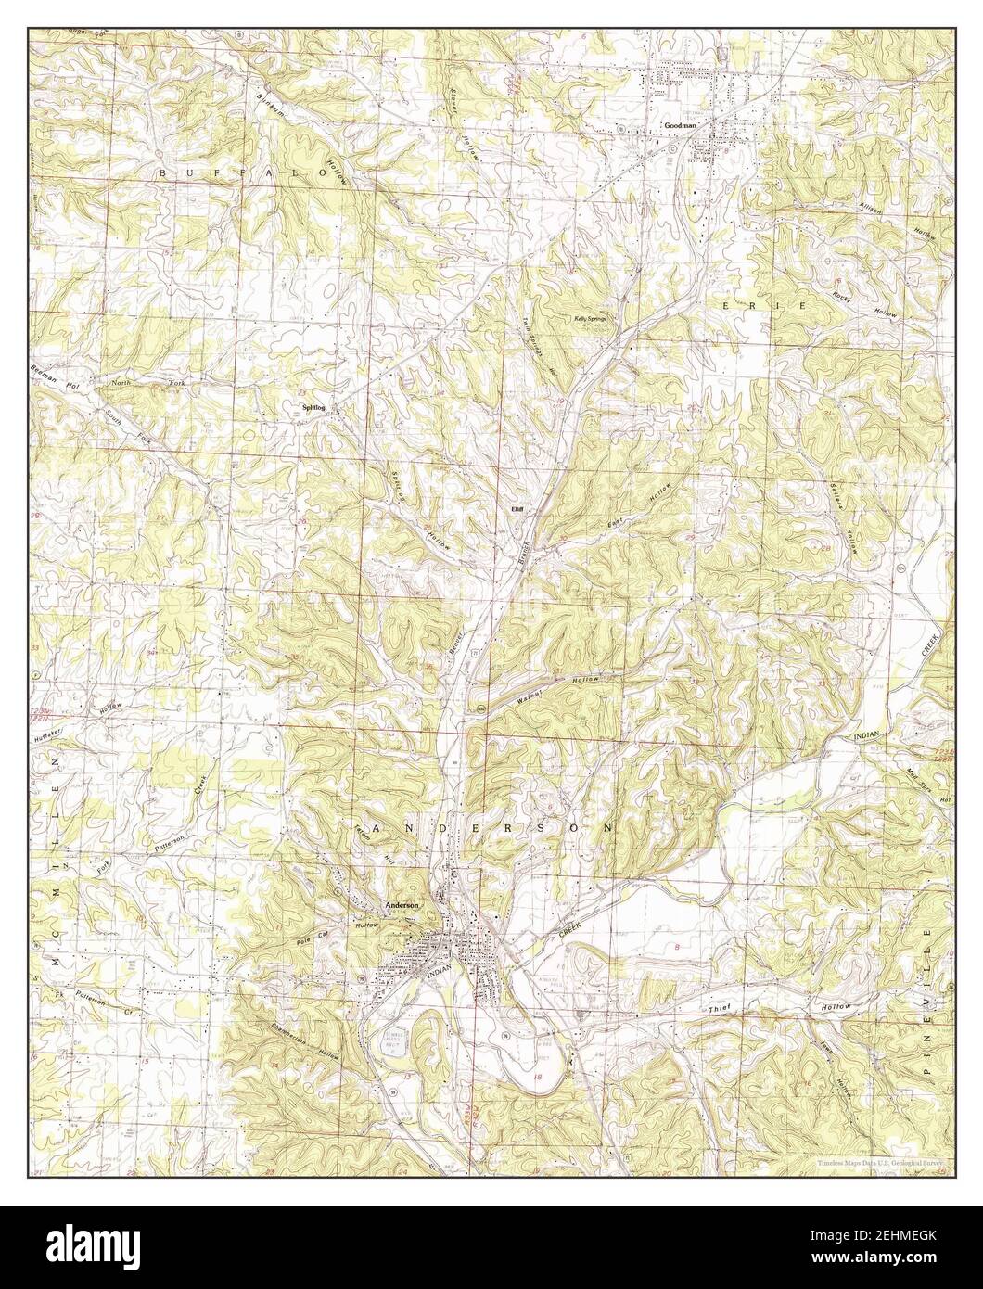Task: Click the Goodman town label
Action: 679,123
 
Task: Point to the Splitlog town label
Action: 313,406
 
